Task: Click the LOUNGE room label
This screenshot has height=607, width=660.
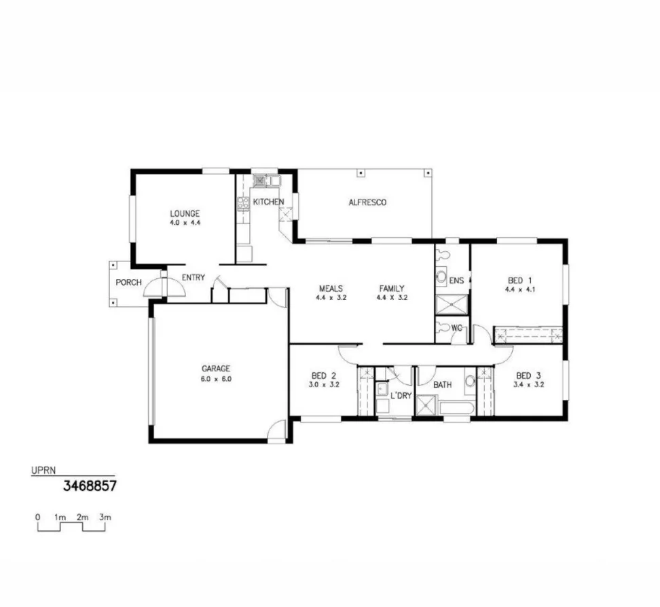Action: pos(185,213)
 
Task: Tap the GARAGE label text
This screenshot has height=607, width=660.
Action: pos(216,369)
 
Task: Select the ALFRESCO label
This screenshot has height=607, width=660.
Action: pos(367,202)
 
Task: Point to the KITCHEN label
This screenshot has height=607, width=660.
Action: pos(268,202)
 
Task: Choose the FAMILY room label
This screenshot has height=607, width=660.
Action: pos(392,289)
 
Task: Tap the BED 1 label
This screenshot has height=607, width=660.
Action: pos(519,280)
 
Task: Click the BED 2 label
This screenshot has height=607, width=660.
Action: pos(324,375)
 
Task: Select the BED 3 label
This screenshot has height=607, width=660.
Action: pos(528,375)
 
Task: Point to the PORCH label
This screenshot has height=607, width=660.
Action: pos(128,282)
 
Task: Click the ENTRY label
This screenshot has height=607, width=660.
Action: pos(194,277)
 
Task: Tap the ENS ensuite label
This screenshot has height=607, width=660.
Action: pos(456,280)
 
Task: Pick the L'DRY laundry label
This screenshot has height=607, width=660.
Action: pos(401,395)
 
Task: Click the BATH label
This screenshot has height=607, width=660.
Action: pos(443,385)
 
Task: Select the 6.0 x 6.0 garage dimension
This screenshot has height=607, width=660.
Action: pos(216,379)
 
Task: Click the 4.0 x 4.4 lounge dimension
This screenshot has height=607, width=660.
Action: pos(185,222)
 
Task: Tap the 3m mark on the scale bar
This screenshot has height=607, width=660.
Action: pos(105,517)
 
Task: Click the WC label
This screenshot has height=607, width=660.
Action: pos(457,329)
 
